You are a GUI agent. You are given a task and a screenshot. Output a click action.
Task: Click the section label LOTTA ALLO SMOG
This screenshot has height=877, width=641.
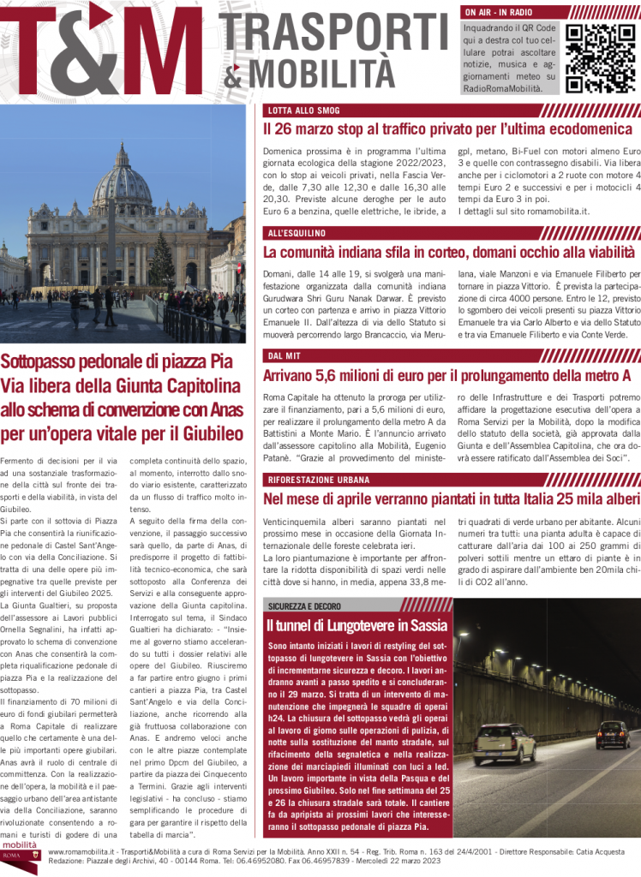click(x=303, y=110)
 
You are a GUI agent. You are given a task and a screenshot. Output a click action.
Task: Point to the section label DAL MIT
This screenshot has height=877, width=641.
click(x=284, y=355)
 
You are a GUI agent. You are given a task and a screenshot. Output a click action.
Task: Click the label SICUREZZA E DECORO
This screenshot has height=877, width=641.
click(x=304, y=606)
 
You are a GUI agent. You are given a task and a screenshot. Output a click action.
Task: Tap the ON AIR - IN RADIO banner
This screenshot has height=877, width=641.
click(x=497, y=13)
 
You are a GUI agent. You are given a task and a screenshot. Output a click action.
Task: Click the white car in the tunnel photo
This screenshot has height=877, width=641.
click(x=504, y=745)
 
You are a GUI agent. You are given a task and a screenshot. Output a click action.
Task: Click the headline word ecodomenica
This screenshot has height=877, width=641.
click(x=582, y=129)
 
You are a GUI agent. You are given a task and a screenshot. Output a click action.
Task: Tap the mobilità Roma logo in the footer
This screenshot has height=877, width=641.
click(x=20, y=859)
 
